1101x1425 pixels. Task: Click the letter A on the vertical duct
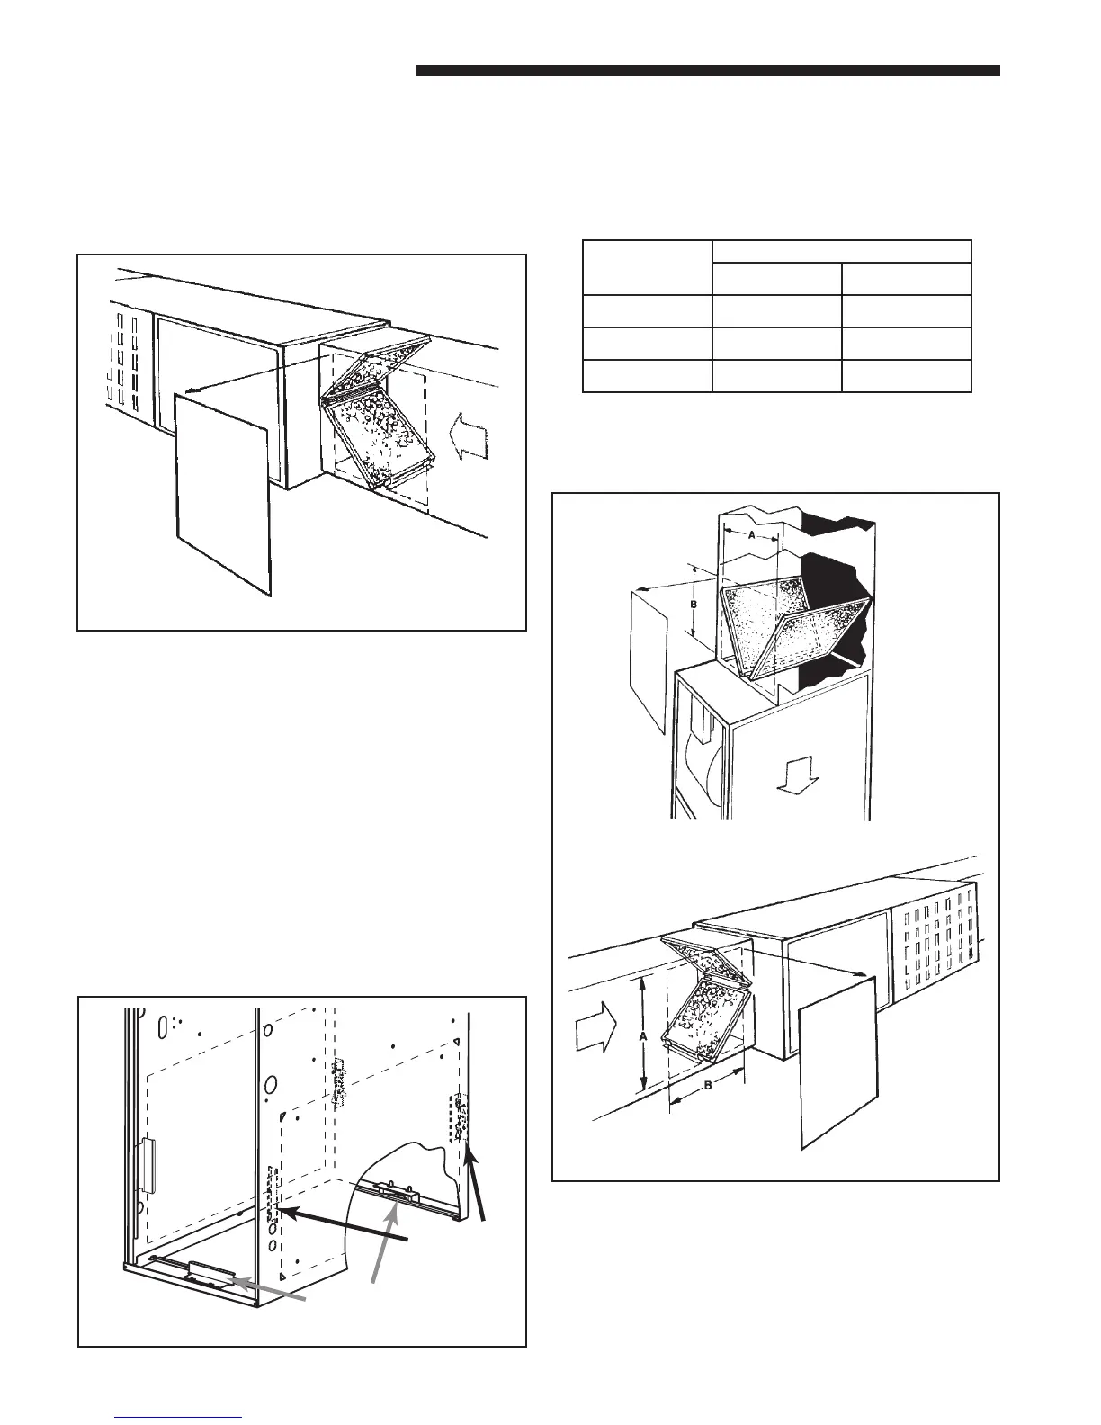[751, 533]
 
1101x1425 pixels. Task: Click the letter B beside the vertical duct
[694, 605]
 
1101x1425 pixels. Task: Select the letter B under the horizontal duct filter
[707, 1086]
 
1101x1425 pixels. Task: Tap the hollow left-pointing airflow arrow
[469, 437]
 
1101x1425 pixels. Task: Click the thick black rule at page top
[708, 71]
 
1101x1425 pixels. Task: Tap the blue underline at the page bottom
[180, 1416]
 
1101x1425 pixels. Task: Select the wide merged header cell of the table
[841, 252]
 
